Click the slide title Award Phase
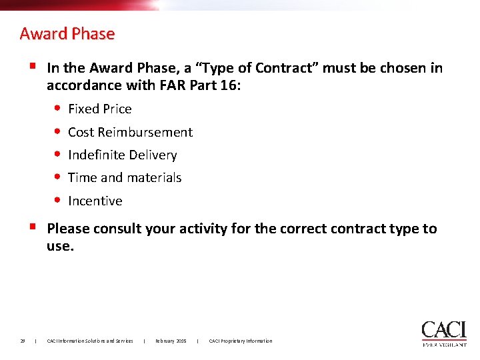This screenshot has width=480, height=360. coord(67,33)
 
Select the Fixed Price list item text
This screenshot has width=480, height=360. coord(100,109)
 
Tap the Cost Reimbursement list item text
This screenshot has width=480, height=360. coord(130,132)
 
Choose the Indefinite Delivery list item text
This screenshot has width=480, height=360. coord(123,155)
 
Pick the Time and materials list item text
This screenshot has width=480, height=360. coord(125,178)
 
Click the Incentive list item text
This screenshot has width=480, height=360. coord(95,201)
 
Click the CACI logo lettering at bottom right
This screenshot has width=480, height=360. coord(443,330)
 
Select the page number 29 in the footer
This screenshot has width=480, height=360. coord(23,341)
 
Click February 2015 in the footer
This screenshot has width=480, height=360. coord(171,341)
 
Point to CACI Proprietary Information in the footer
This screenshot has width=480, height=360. coord(241,341)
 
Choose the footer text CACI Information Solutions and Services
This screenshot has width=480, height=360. coord(90,341)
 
